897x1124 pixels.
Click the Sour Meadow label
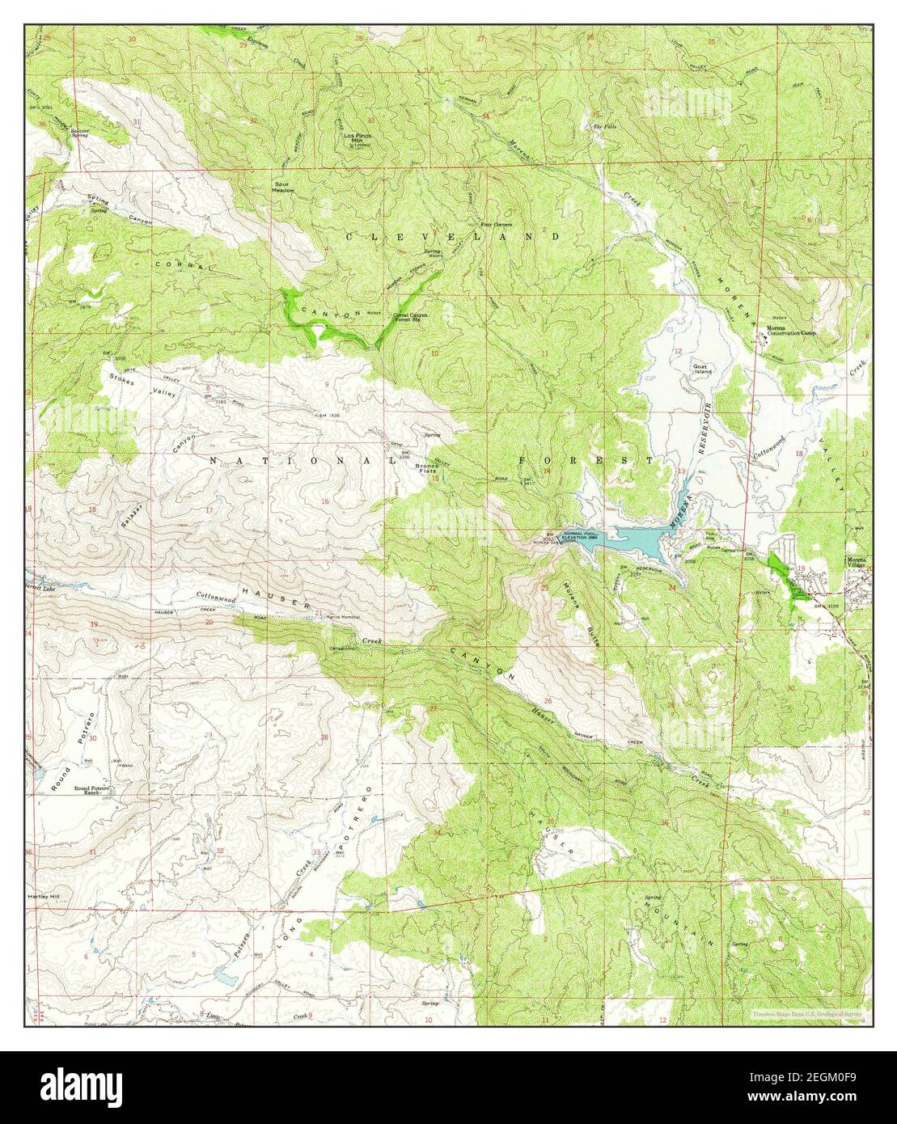pos(283,187)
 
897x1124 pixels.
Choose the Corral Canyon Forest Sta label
pos(411,317)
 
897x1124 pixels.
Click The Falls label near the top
pos(603,128)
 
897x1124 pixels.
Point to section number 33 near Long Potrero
pos(316,852)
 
